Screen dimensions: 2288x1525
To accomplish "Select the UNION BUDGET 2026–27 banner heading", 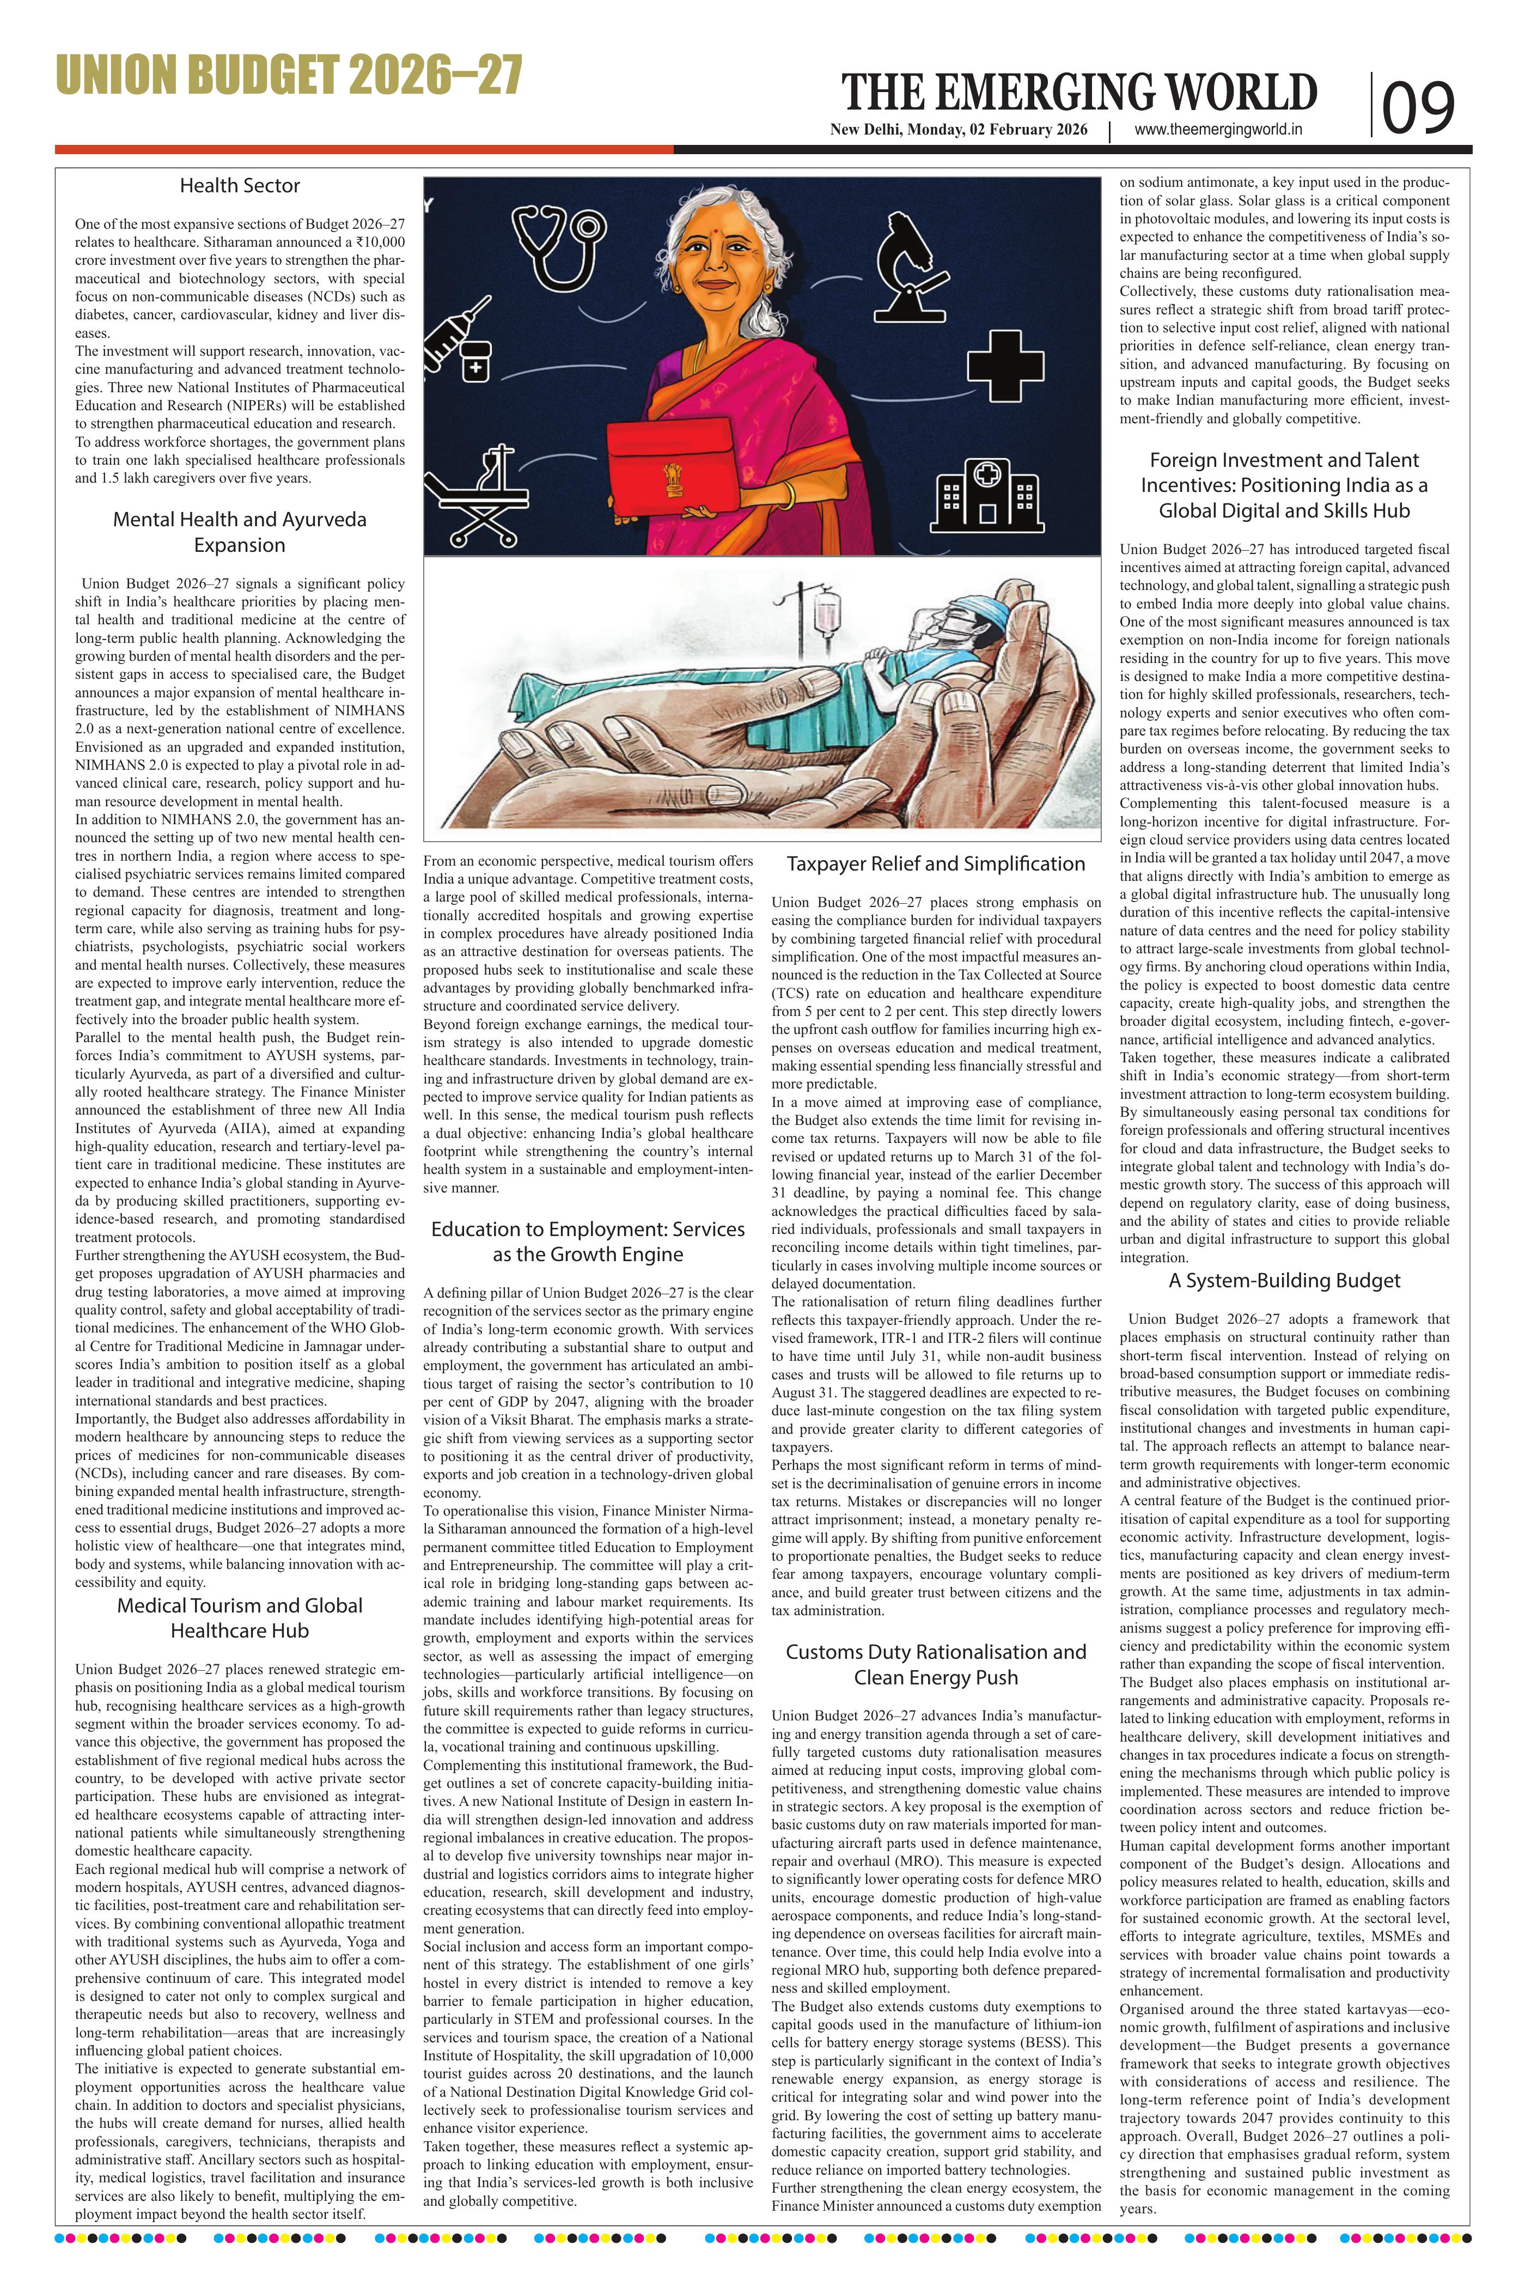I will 289,76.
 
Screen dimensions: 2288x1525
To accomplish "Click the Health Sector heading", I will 239,186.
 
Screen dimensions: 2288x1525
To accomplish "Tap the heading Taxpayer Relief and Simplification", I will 936,864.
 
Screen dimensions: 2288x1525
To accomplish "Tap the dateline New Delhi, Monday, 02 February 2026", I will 958,130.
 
